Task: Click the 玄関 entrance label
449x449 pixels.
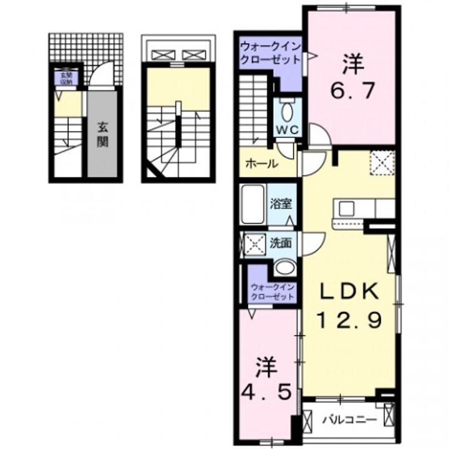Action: (102, 133)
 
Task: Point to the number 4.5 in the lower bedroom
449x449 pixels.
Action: (266, 382)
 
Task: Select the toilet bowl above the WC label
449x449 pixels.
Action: (287, 112)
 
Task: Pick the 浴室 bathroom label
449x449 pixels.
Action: (279, 203)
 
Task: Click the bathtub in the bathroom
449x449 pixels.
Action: (253, 203)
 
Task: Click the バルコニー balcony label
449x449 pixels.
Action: (349, 420)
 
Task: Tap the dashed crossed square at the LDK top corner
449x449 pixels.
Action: (382, 163)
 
